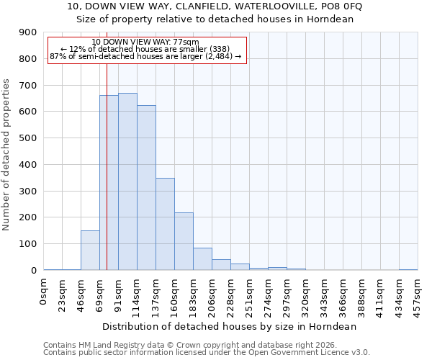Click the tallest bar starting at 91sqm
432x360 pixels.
click(127, 181)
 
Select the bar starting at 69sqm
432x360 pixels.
click(109, 183)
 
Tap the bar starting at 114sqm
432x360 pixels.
click(146, 187)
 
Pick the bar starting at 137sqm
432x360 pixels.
click(165, 224)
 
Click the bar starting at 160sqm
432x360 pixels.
click(184, 241)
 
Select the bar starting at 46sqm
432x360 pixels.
click(90, 251)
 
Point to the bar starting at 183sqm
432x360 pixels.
click(202, 259)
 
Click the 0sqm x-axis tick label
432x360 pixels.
click(44, 289)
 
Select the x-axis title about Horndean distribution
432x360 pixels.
click(230, 326)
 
